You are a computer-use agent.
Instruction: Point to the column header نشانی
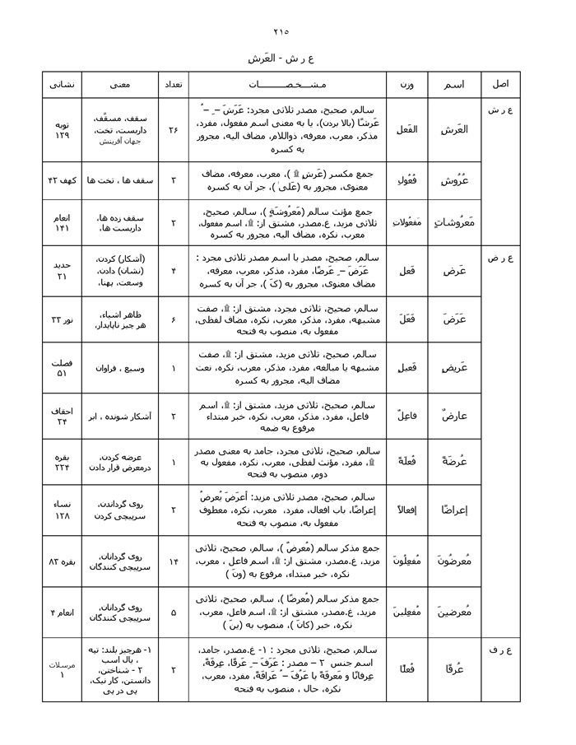(x=62, y=85)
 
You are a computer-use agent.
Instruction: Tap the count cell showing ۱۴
(x=174, y=561)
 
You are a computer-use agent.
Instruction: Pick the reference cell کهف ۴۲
(x=62, y=179)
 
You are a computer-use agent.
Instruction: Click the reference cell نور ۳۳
(x=62, y=318)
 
